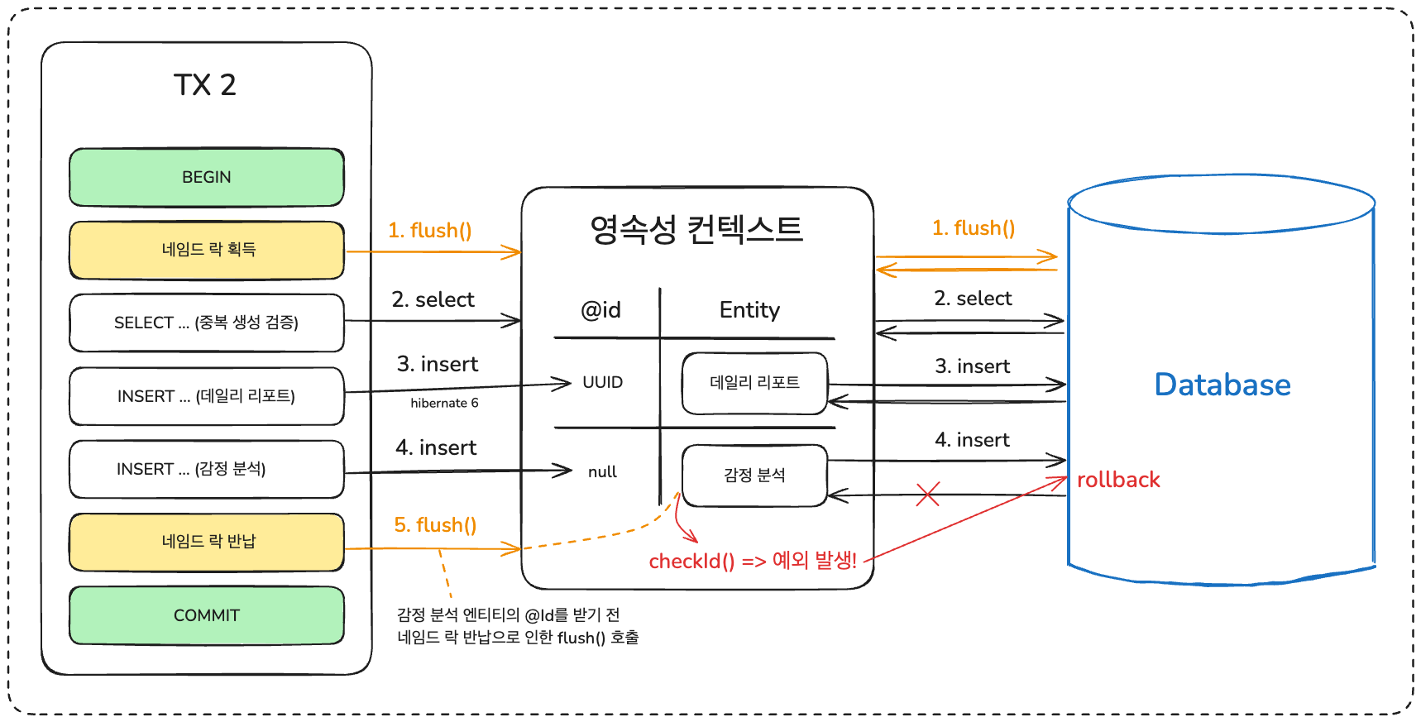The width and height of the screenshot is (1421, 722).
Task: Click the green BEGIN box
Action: [x=207, y=177]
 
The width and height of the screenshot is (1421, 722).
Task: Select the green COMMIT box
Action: [x=207, y=615]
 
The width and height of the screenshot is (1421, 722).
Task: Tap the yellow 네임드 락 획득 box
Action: [x=207, y=250]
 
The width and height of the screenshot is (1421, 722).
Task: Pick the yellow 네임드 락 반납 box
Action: [x=207, y=542]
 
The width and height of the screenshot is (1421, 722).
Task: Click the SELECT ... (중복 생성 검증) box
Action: [x=207, y=323]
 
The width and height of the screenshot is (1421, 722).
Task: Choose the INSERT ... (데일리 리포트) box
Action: [x=207, y=396]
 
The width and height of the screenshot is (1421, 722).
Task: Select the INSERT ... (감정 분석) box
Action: [x=207, y=469]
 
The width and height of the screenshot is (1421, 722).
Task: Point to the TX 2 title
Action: [x=205, y=85]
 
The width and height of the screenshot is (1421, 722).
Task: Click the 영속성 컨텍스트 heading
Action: [x=696, y=229]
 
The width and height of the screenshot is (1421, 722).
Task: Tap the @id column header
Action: [x=600, y=310]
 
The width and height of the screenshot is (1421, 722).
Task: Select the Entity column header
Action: [x=749, y=310]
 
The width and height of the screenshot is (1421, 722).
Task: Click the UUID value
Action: [x=602, y=382]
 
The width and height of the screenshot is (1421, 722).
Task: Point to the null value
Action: [x=602, y=471]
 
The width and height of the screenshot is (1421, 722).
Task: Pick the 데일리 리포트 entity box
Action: [x=754, y=383]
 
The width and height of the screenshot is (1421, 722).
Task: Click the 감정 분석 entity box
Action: [x=754, y=475]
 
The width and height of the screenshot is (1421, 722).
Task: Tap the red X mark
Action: [x=928, y=495]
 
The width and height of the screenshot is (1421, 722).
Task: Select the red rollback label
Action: [x=1118, y=480]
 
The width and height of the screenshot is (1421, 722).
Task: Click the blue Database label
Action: [x=1222, y=385]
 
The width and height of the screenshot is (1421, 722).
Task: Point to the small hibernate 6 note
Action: [x=444, y=403]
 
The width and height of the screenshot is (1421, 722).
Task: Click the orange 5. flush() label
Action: [x=435, y=525]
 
